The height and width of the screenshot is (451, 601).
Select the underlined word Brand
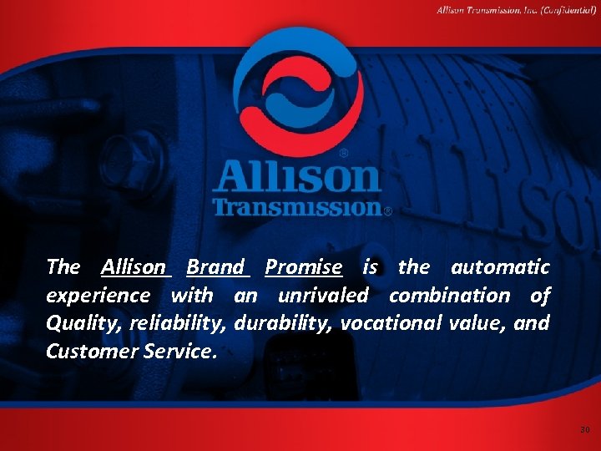point(215,267)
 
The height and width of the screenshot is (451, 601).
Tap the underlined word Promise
point(303,267)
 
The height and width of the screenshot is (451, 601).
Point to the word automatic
point(500,267)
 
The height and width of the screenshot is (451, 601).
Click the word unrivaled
point(325,296)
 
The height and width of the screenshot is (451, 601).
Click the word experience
point(98,296)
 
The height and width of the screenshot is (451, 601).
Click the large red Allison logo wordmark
point(296,177)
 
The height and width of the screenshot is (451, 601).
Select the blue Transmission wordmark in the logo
point(296,206)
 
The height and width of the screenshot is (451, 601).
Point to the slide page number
point(584,430)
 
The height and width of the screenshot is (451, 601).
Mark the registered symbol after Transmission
point(387,212)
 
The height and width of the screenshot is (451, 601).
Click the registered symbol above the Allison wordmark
point(344,154)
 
